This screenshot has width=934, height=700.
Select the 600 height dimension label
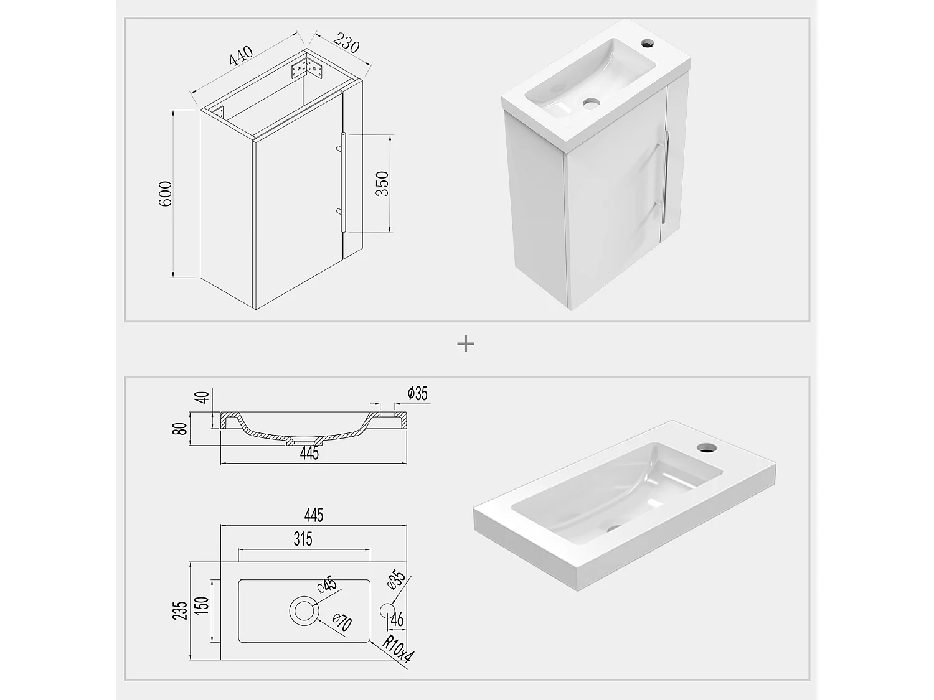coord(166,194)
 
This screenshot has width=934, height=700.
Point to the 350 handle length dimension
coord(382,184)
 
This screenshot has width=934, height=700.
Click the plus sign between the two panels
coord(466,344)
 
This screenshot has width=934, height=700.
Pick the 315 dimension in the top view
coord(303,539)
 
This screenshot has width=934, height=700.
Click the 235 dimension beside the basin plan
coord(180,610)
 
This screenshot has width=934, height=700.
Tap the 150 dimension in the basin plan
coord(203,605)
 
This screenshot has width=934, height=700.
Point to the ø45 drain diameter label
coord(327,585)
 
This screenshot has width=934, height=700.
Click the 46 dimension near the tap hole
coord(397,620)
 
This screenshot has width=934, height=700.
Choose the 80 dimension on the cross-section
coord(180,429)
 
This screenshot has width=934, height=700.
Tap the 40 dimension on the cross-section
coord(203,398)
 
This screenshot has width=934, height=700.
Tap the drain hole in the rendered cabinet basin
coord(590,103)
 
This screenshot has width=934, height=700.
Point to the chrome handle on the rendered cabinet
coord(666,176)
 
